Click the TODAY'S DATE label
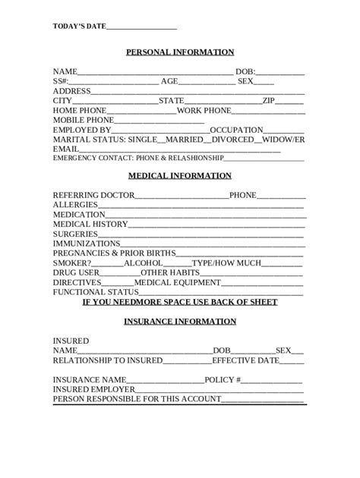79,27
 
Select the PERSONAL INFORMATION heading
180,52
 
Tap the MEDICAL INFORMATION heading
180,176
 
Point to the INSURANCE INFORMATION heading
180,322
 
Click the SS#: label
61,81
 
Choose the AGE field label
169,81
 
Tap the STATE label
171,101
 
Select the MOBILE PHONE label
83,120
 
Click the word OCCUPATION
236,130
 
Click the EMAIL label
65,149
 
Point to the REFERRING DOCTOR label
93,195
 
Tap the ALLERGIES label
75,205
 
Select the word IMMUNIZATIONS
87,244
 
